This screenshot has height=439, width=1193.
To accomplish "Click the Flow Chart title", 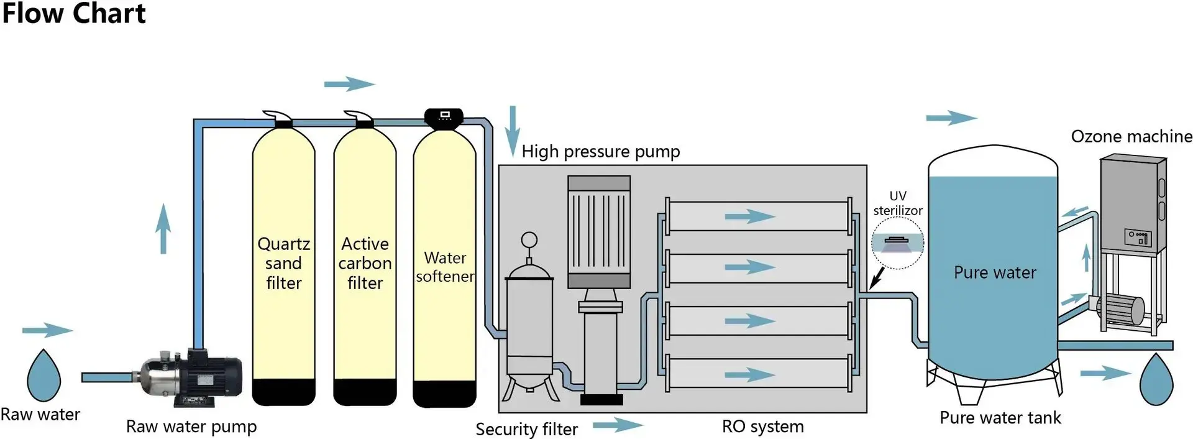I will click(73, 14).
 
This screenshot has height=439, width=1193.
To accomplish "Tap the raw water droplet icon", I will click(43, 377).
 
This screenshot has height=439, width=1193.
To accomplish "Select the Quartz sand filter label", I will click(284, 263).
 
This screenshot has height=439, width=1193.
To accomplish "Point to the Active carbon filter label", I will click(365, 263).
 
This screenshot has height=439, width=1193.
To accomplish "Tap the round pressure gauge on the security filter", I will click(529, 240).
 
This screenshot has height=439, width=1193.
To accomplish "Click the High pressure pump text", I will click(600, 152).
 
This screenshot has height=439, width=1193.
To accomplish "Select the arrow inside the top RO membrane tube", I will click(750, 216).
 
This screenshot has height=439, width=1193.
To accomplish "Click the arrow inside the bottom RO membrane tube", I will click(750, 374).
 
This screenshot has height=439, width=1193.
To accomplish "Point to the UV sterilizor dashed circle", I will click(897, 243).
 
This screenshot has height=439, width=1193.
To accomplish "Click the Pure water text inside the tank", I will click(995, 272).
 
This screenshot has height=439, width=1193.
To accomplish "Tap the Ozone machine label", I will click(1131, 137).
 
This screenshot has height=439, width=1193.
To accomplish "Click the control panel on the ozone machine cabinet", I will click(1138, 236).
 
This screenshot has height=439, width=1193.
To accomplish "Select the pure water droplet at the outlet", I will click(1156, 379).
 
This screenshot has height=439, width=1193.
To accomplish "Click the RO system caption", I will click(762, 427).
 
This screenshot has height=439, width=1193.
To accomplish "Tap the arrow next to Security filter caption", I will click(618, 425).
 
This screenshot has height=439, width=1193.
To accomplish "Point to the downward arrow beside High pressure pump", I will click(512, 131).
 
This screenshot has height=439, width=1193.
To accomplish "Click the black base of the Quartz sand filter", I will click(283, 392).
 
